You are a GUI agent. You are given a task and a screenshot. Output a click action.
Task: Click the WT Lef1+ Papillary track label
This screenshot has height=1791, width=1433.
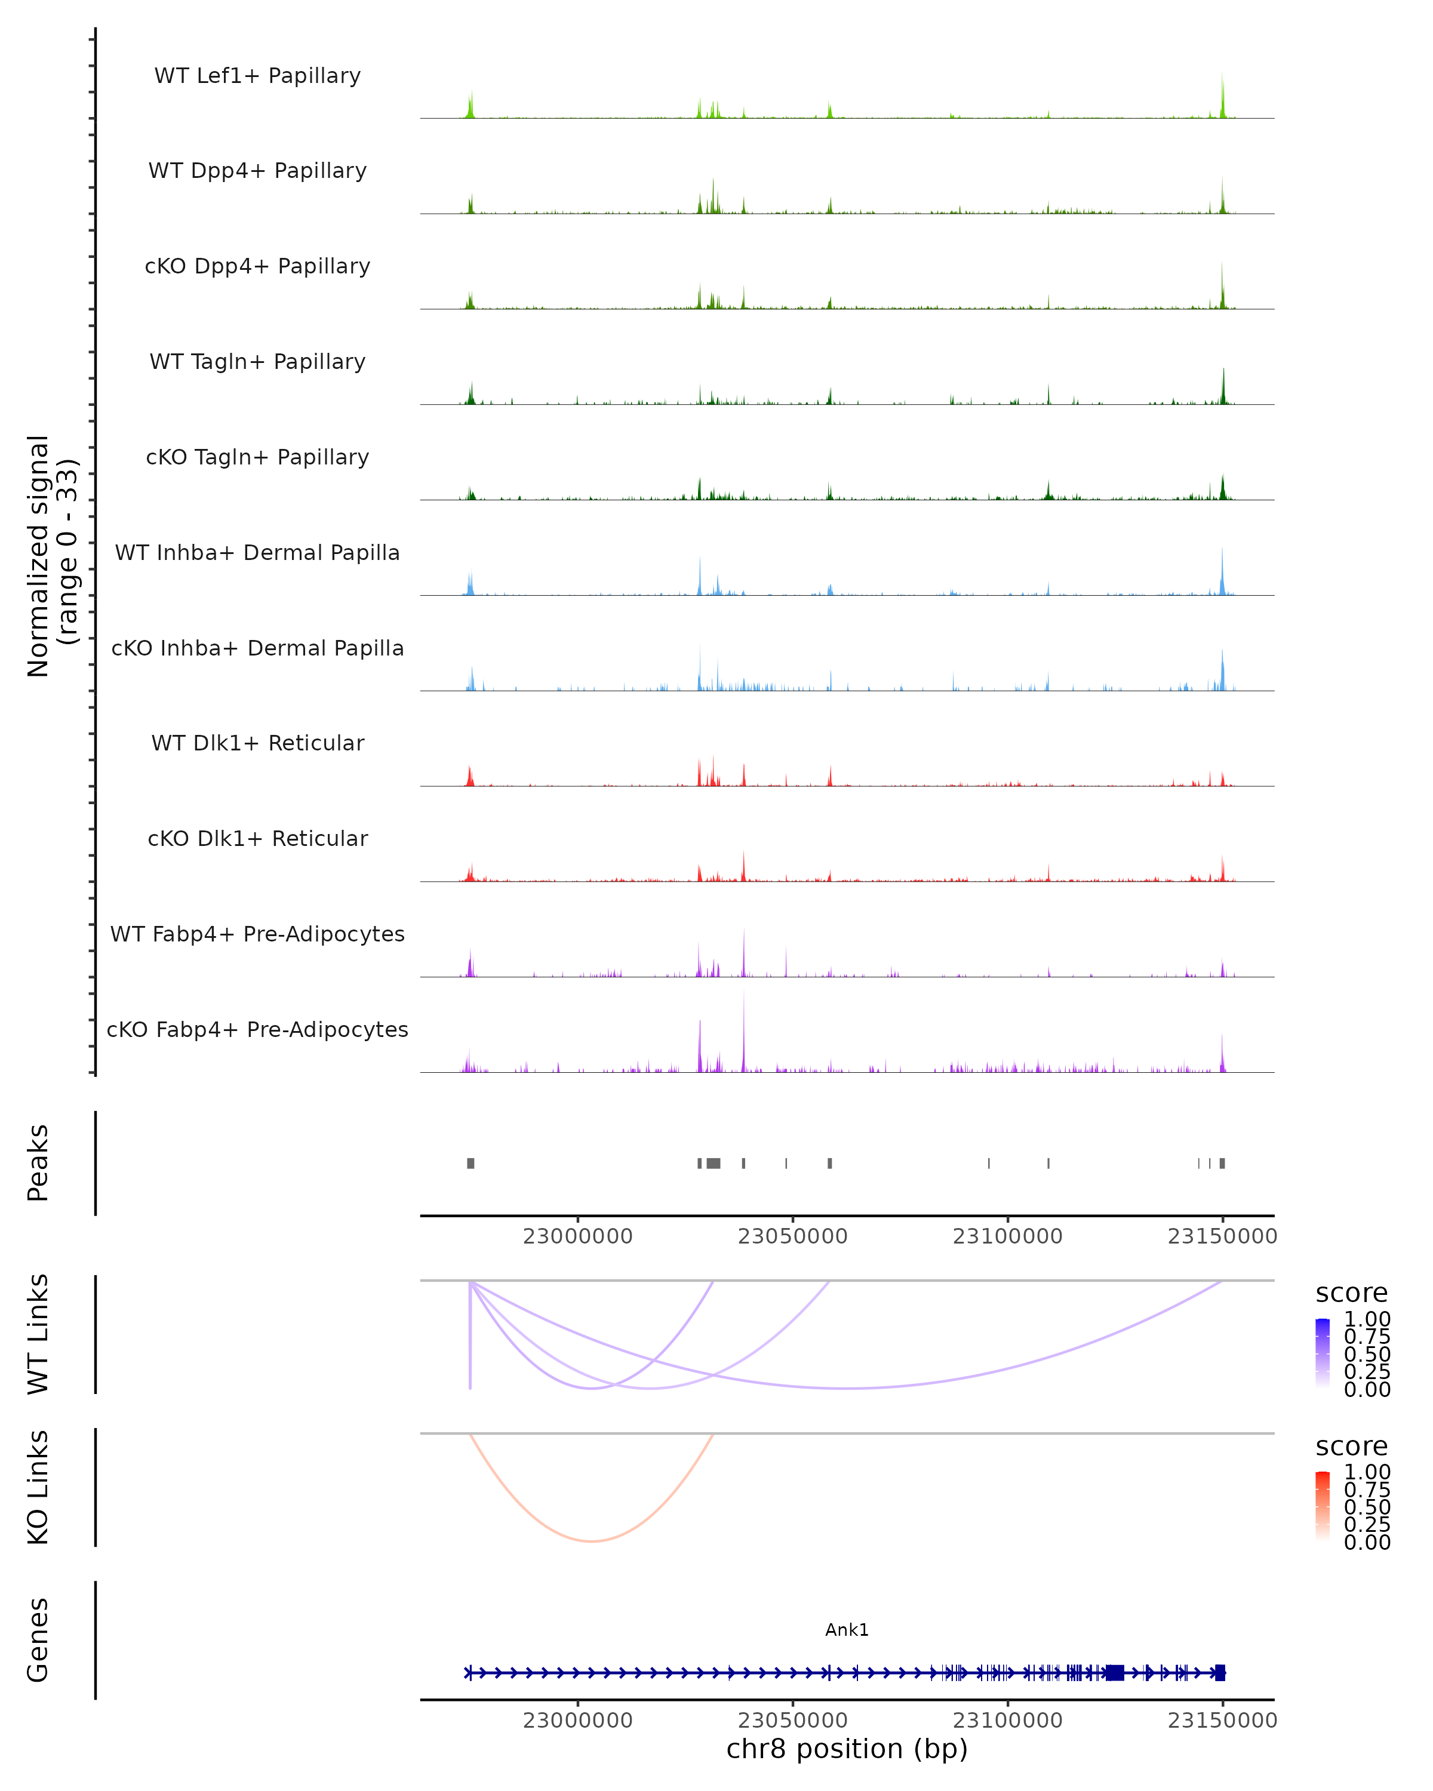point(257,76)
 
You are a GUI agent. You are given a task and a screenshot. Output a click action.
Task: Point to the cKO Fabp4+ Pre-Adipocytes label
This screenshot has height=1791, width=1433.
point(257,1029)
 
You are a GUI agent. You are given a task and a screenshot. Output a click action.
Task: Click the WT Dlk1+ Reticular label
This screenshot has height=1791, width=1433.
point(257,743)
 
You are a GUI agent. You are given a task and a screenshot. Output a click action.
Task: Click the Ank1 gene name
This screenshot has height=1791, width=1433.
point(847,1630)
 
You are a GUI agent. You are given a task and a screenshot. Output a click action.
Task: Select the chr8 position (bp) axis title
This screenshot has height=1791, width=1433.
point(847,1749)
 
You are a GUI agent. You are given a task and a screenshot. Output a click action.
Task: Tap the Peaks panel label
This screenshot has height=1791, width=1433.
point(38,1162)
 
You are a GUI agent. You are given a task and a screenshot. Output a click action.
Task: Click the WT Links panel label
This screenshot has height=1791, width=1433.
point(38,1334)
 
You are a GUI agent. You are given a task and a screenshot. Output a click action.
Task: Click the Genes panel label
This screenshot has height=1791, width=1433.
point(38,1640)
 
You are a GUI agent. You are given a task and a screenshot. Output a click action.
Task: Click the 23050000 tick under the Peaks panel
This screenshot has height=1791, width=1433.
point(792,1236)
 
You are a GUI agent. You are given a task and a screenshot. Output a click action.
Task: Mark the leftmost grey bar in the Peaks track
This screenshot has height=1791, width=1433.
point(470,1163)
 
